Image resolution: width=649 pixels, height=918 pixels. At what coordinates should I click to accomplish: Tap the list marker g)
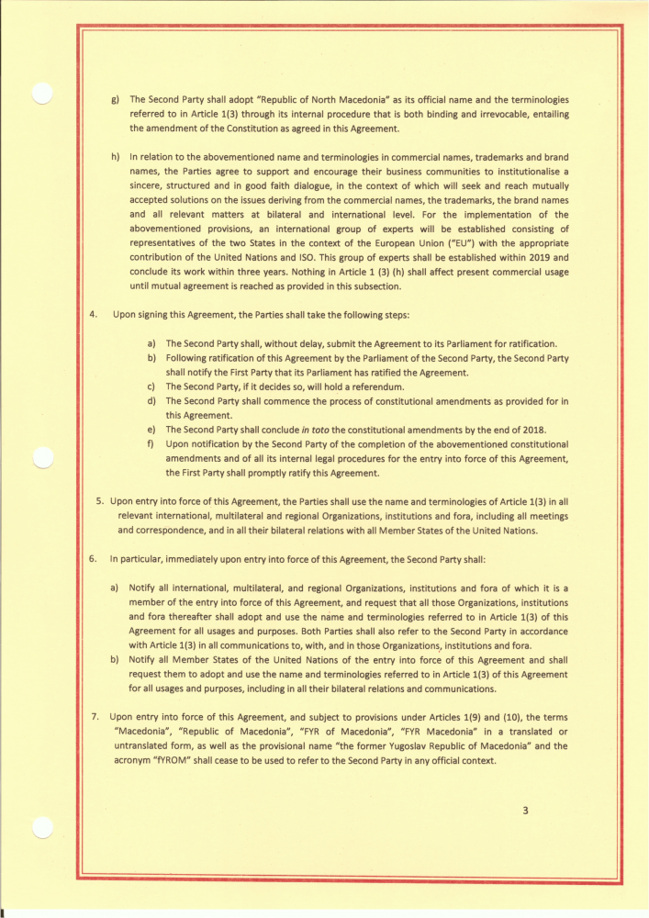coord(115,99)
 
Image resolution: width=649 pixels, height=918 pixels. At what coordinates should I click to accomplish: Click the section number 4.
coord(93,315)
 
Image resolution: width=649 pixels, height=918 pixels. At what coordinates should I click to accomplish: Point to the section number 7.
coord(94,715)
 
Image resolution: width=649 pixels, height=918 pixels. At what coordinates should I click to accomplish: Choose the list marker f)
coord(151,444)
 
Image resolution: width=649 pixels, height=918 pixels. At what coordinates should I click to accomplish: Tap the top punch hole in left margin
coord(40,95)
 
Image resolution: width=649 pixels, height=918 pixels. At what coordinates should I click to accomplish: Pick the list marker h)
coord(115,156)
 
